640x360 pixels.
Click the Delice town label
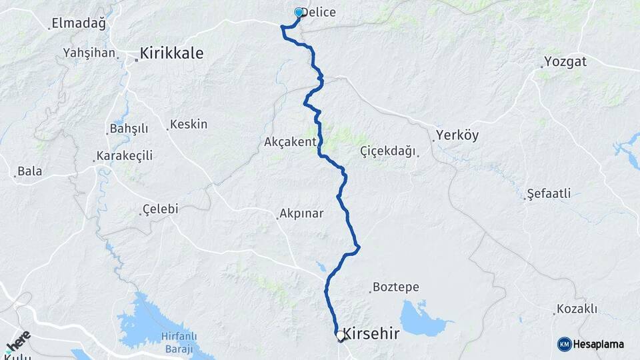point(319,13)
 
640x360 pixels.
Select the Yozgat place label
point(565,62)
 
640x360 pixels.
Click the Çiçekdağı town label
point(387,151)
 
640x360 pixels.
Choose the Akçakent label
point(289,142)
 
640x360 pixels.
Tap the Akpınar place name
point(301,214)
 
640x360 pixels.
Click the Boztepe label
point(395,287)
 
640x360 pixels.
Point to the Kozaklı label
point(577,309)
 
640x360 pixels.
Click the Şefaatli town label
point(549,194)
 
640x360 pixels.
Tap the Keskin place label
point(189,124)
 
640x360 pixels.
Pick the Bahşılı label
point(128,128)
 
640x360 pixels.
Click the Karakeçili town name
point(125,156)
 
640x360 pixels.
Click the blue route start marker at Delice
point(299,12)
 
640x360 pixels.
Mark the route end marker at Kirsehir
point(341,337)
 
